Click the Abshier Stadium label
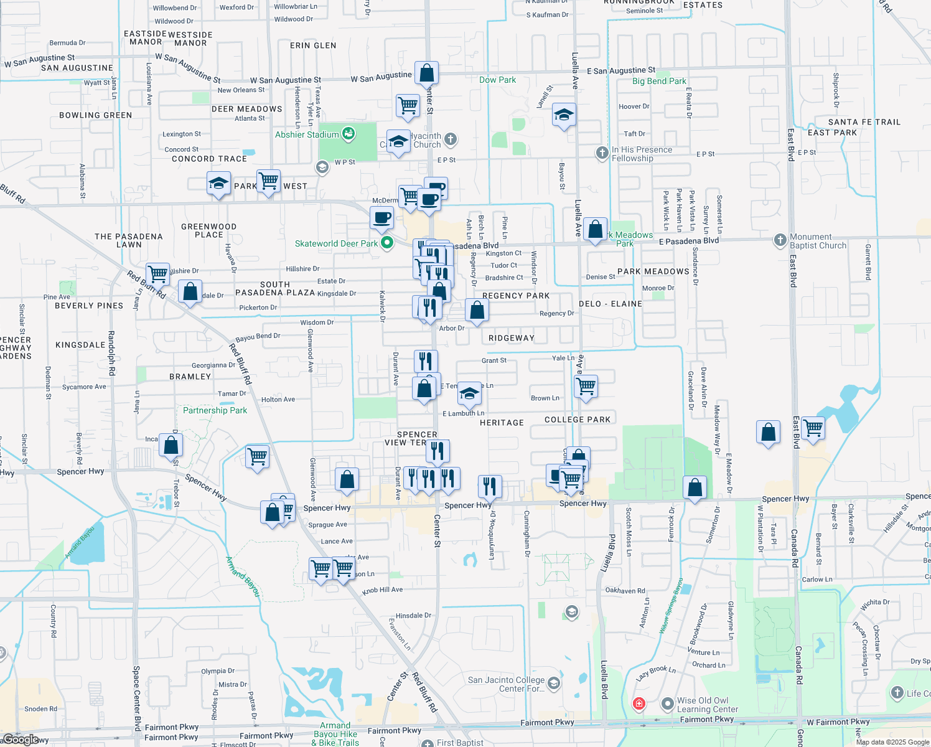(x=307, y=134)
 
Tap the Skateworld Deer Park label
(x=336, y=243)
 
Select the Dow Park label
(x=497, y=80)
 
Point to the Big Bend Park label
(x=659, y=81)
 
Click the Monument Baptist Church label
(x=818, y=242)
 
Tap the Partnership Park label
(x=215, y=410)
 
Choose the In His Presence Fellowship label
(x=641, y=154)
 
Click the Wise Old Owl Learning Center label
(x=707, y=705)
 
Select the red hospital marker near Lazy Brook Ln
(x=639, y=703)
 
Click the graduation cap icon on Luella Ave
(x=564, y=115)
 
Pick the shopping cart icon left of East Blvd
(x=813, y=428)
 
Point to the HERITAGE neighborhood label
(x=502, y=423)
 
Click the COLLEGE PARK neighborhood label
(x=578, y=420)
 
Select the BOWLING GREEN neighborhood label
(x=95, y=115)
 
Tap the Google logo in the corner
(x=20, y=739)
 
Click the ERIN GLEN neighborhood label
(x=313, y=45)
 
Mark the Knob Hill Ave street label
(x=382, y=590)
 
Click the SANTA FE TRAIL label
(x=864, y=122)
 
